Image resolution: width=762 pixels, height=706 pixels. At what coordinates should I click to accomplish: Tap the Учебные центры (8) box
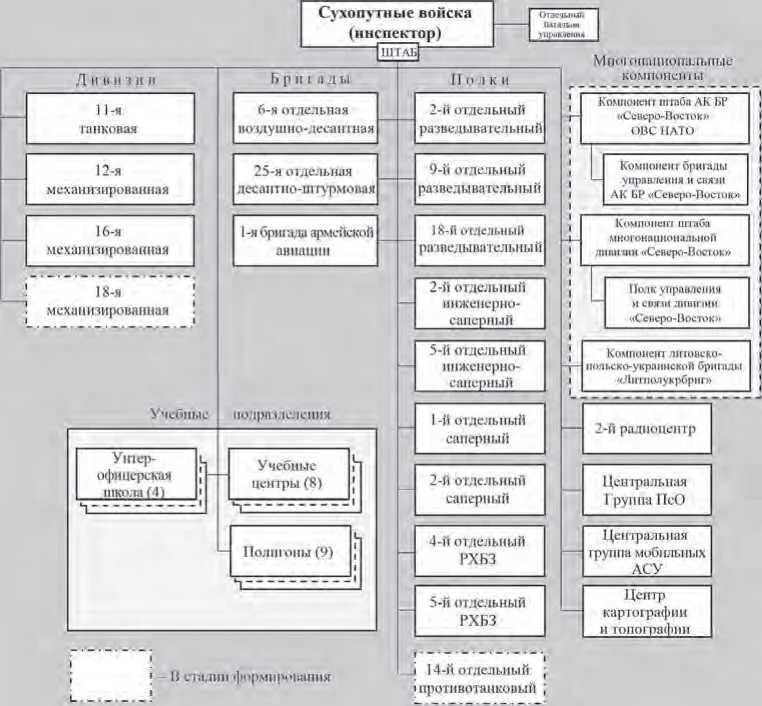pyautogui.click(x=287, y=473)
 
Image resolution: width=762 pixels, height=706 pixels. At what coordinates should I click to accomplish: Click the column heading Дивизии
pyautogui.click(x=110, y=79)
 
